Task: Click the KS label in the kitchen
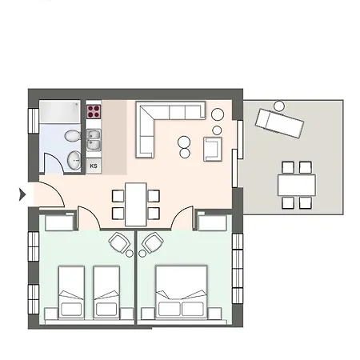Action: pos(94,166)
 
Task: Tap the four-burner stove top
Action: pos(94,112)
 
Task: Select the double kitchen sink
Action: pos(94,140)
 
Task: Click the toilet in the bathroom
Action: pos(73,136)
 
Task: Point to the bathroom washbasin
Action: pos(74,161)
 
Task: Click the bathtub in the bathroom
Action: pos(60,112)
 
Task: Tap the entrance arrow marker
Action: pos(22,194)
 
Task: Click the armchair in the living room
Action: pos(213,150)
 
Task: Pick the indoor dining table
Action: pos(136,205)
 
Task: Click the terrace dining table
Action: pos(297,185)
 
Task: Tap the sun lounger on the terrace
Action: pos(279,124)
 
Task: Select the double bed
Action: pos(182,292)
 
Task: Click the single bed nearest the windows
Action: pos(71,292)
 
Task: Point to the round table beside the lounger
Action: pos(279,106)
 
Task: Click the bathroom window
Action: pos(34,120)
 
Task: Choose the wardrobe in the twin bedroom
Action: pos(59,222)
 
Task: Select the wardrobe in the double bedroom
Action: pos(213,222)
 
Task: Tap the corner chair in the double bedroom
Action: pos(153,242)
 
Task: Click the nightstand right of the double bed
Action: pos(214,314)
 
